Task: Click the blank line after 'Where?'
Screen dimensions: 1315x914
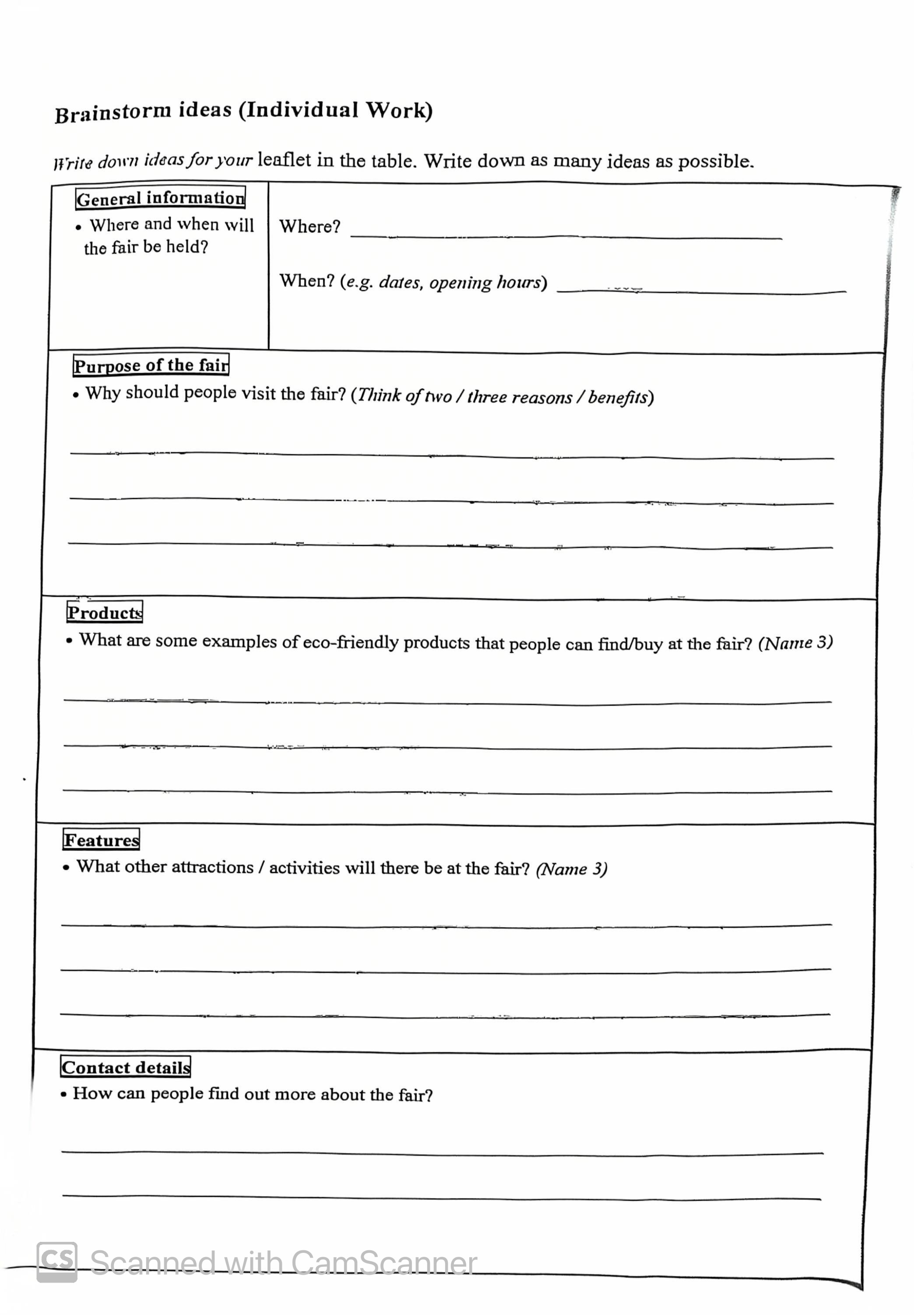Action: click(x=566, y=234)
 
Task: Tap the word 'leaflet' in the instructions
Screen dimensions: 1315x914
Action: click(x=284, y=160)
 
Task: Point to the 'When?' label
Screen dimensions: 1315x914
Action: click(x=307, y=281)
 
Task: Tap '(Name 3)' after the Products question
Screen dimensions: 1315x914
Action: click(x=795, y=643)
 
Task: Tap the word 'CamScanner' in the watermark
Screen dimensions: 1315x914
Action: click(x=384, y=1263)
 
